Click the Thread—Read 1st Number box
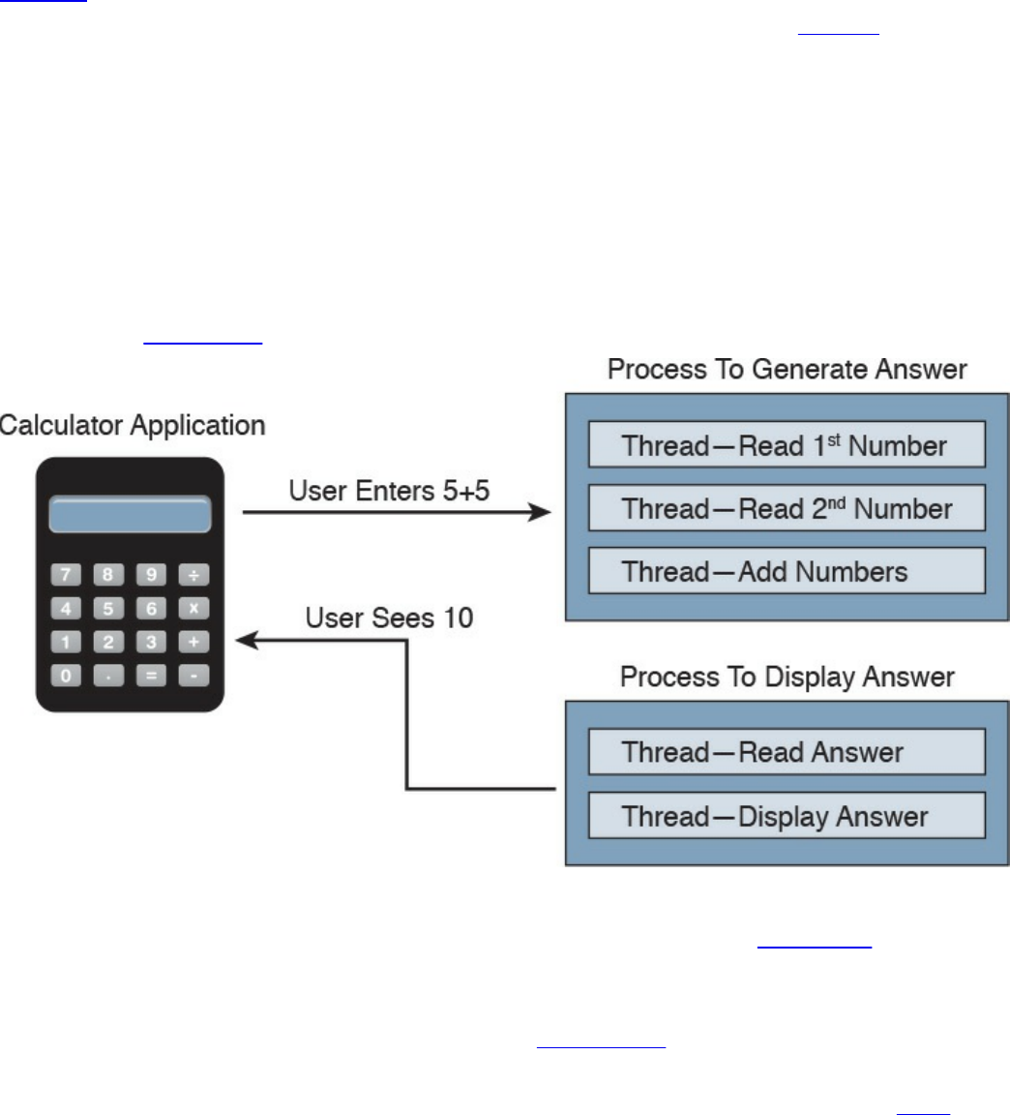coord(787,444)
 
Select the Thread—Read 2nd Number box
coord(787,508)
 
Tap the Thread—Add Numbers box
coord(787,571)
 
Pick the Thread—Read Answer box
coord(787,752)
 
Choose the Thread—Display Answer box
coord(787,816)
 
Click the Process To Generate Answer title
coord(787,370)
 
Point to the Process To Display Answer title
coord(787,677)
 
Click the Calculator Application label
coord(132,426)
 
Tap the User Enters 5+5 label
coord(389,490)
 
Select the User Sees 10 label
coord(389,618)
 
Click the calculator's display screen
coord(130,515)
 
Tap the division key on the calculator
coord(193,575)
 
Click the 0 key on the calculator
coord(66,675)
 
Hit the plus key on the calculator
coord(193,642)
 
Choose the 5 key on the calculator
coord(108,609)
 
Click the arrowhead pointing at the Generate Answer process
coord(540,512)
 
